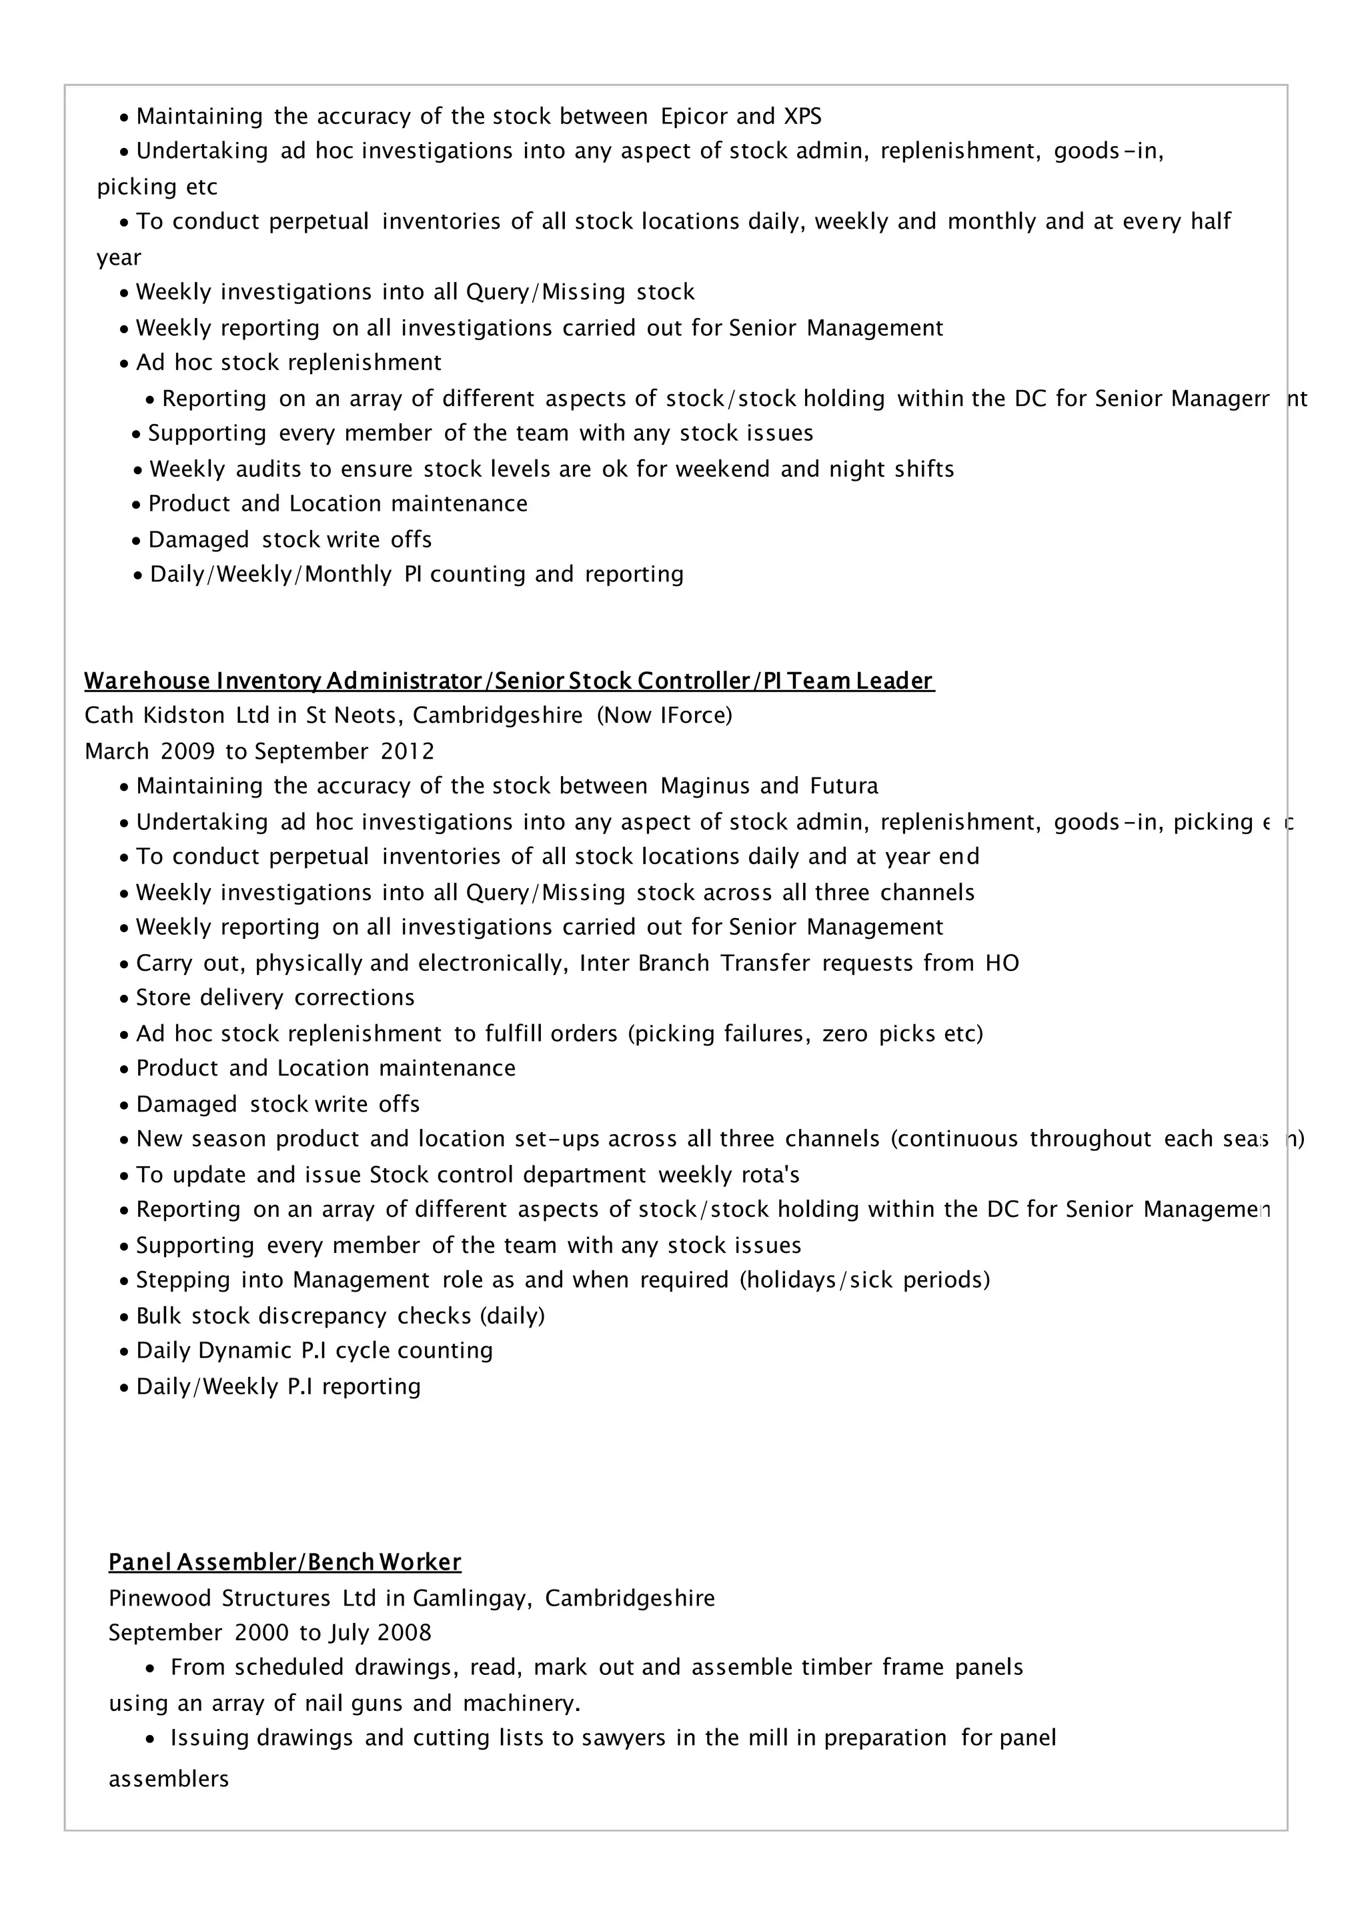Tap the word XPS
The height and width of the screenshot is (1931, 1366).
802,116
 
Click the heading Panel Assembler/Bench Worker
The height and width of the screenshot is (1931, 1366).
285,1563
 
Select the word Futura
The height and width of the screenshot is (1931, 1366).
844,786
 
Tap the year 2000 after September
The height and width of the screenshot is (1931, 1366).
261,1633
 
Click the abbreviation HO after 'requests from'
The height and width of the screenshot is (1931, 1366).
1002,963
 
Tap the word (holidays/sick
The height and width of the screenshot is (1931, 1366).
815,1280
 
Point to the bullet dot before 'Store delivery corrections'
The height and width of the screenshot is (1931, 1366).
125,999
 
